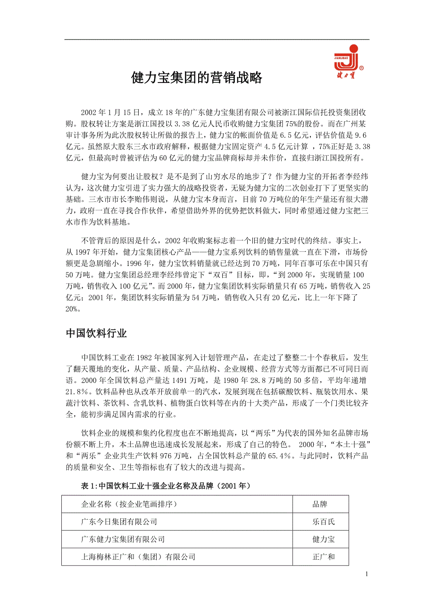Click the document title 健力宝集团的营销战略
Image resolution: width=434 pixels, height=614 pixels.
click(197, 78)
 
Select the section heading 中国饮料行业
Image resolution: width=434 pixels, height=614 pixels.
click(96, 333)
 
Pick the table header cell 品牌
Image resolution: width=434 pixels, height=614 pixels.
click(320, 504)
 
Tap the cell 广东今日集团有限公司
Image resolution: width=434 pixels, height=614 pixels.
click(119, 522)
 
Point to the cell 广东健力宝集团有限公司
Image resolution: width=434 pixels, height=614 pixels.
click(123, 539)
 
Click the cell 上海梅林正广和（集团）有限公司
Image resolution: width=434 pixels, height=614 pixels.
click(138, 556)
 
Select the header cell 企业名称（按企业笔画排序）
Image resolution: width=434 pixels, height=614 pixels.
click(129, 504)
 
